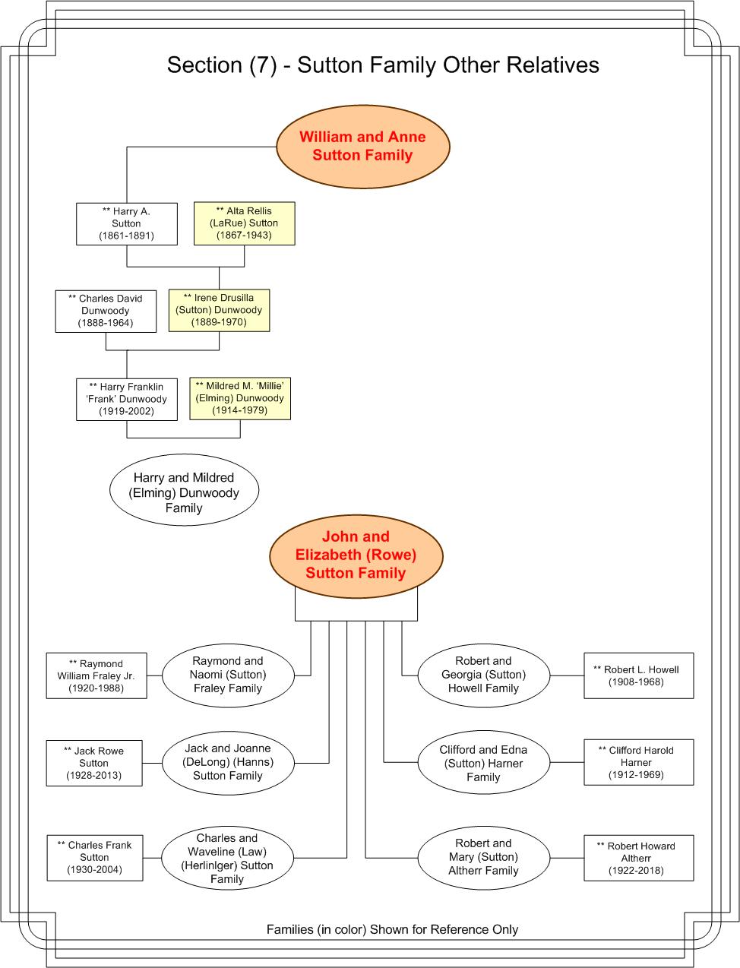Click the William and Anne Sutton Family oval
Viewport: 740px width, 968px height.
pyautogui.click(x=363, y=147)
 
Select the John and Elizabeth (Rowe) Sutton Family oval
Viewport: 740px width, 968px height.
pyautogui.click(x=356, y=556)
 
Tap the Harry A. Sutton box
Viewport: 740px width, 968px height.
pyautogui.click(x=127, y=223)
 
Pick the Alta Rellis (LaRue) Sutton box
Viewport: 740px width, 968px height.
pyautogui.click(x=245, y=223)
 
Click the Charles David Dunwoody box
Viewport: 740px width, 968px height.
pyautogui.click(x=106, y=311)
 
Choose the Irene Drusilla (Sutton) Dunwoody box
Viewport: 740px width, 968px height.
pyautogui.click(x=219, y=310)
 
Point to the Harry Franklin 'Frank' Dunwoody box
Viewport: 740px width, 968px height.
pyautogui.click(x=127, y=399)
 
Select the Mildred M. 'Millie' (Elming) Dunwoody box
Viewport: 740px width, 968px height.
pyautogui.click(x=240, y=398)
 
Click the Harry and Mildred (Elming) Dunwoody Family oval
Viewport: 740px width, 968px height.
pyautogui.click(x=184, y=489)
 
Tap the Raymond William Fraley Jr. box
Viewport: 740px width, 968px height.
pyautogui.click(x=96, y=675)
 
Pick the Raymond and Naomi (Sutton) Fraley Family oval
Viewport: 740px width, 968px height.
pyautogui.click(x=228, y=675)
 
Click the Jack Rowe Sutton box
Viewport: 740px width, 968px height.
pyautogui.click(x=94, y=763)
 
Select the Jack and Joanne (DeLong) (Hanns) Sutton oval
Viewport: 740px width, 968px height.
pyautogui.click(x=228, y=763)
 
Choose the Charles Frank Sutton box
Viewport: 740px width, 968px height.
pyautogui.click(x=95, y=858)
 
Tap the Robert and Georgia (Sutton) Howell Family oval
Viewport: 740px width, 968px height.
pyautogui.click(x=484, y=675)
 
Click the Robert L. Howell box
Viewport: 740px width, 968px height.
pyautogui.click(x=638, y=675)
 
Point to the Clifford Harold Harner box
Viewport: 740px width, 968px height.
pyautogui.click(x=638, y=762)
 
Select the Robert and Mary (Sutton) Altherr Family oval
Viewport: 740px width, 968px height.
pyautogui.click(x=484, y=857)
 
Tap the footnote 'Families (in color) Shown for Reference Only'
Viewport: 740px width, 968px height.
pyautogui.click(x=392, y=929)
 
